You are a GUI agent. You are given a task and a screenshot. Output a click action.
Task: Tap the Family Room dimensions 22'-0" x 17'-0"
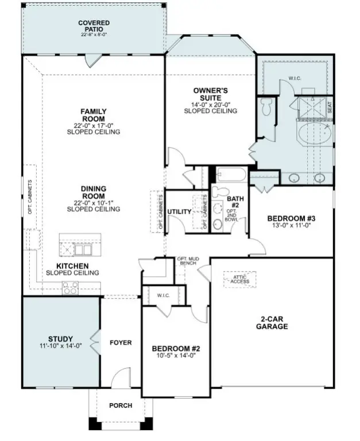point(93,125)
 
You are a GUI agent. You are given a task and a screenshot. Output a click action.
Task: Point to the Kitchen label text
point(72,266)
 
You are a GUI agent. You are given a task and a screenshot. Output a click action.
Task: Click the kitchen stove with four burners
point(71,288)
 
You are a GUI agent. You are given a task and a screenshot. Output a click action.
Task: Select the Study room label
point(60,339)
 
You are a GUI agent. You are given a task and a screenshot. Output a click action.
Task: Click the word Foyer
point(121,343)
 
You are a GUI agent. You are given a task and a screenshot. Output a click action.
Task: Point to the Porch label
point(121,405)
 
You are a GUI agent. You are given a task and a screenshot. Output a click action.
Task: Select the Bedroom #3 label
point(292,219)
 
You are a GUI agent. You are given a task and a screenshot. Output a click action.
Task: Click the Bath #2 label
point(235,202)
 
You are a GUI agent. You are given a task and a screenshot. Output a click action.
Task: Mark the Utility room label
point(179,212)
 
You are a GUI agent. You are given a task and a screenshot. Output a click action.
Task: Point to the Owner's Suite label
point(210,94)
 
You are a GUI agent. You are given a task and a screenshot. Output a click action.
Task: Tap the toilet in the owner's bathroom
point(266,107)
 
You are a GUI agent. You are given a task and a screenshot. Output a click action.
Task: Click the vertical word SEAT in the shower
point(329,107)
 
